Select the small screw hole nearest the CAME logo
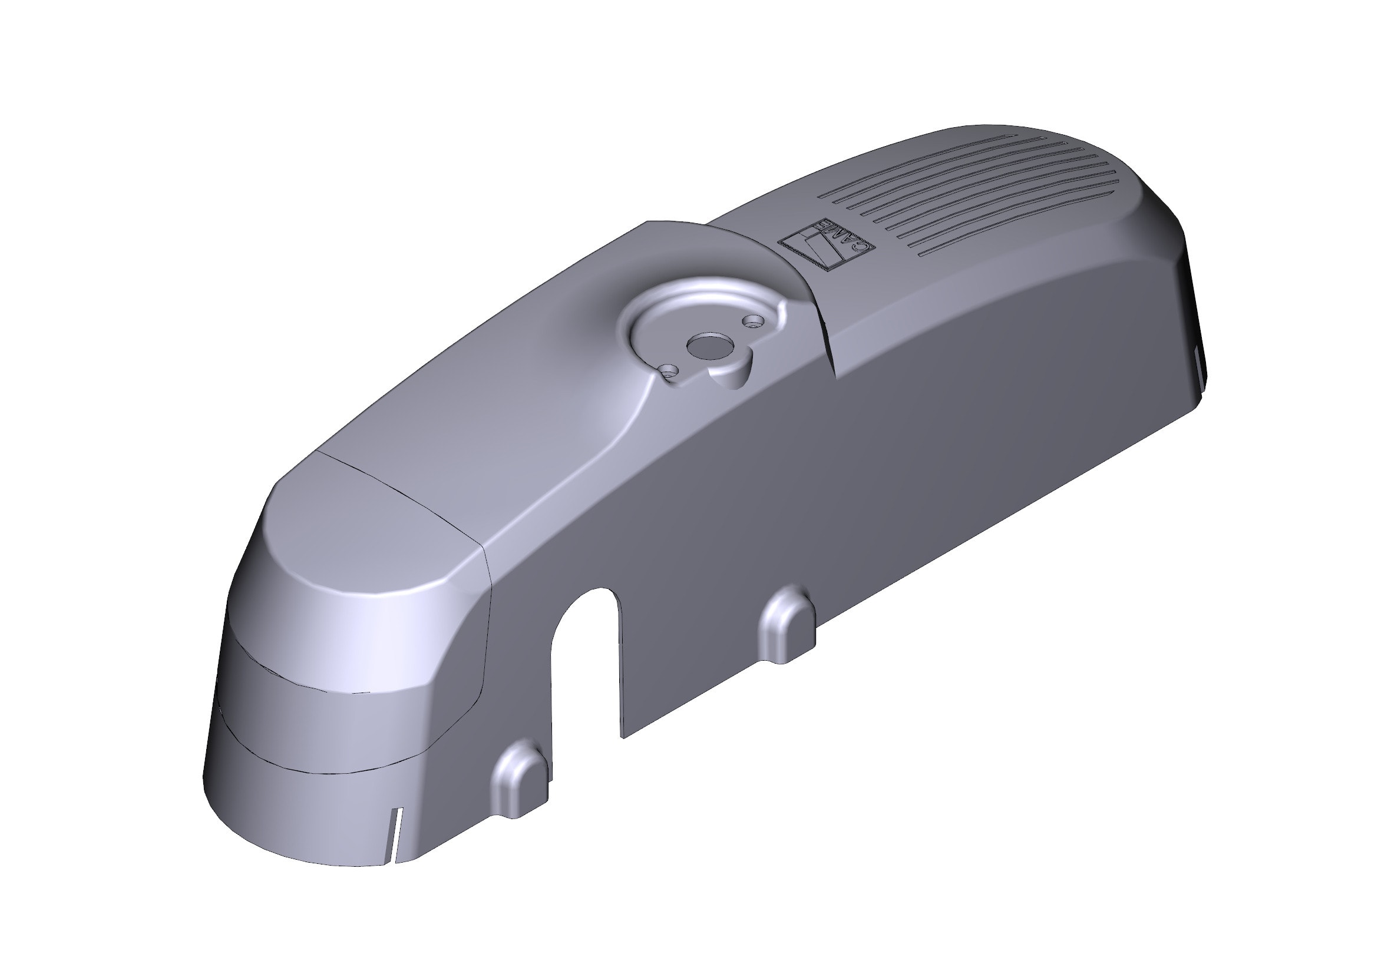[751, 322]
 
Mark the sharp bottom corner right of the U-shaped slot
[623, 737]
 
